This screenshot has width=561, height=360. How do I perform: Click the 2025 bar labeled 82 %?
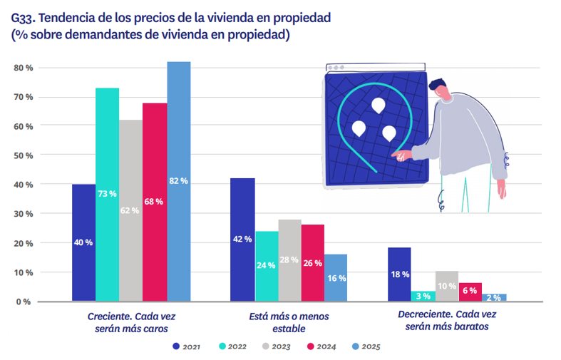[179, 181]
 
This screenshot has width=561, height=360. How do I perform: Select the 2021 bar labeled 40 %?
[83, 242]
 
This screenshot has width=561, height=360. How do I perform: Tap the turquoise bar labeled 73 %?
[108, 194]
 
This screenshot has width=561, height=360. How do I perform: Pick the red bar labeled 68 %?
[155, 202]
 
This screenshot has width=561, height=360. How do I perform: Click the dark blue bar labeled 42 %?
[243, 239]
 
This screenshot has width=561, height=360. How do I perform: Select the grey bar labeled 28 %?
[289, 259]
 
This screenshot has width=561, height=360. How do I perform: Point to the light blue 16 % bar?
[336, 277]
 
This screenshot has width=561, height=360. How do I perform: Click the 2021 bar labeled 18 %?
[400, 274]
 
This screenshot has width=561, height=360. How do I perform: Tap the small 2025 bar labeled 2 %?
[494, 297]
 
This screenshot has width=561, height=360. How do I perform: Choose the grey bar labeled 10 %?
[447, 285]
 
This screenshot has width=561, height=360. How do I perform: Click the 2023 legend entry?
[274, 346]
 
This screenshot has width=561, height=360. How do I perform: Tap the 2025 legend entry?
[362, 346]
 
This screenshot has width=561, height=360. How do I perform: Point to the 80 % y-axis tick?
[24, 68]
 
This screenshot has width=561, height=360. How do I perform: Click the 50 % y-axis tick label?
[24, 155]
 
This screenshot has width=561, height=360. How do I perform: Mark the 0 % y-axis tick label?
[24, 302]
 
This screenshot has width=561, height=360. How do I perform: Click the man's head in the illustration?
[441, 89]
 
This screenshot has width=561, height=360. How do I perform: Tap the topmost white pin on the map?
[378, 106]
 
